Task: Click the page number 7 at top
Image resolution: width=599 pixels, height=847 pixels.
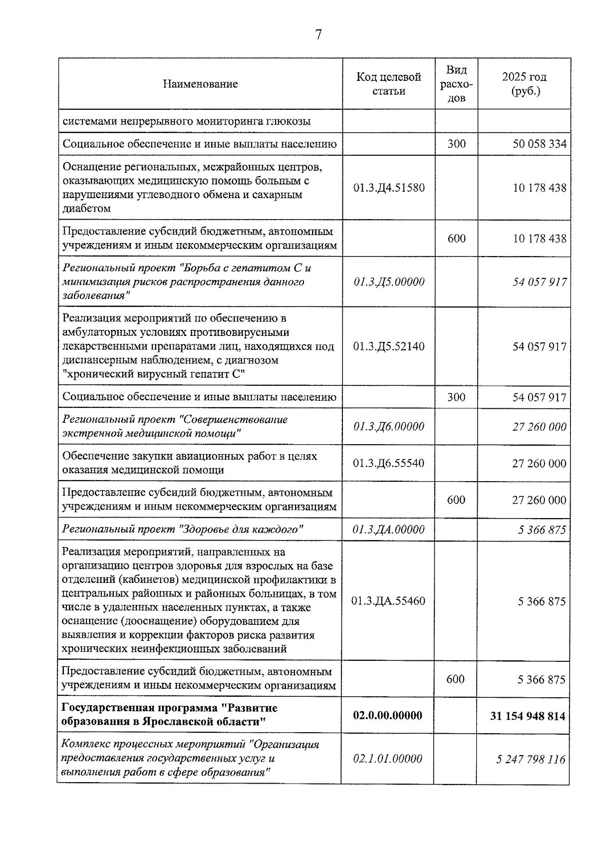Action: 318,34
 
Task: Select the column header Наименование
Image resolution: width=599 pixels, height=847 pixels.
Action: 200,84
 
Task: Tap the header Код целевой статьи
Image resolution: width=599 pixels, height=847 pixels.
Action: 388,84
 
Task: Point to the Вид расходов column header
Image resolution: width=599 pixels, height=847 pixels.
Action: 456,84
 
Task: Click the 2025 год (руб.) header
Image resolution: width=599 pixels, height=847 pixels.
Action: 524,84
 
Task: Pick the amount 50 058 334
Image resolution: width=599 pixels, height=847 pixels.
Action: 539,144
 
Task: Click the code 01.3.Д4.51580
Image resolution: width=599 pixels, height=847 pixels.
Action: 389,188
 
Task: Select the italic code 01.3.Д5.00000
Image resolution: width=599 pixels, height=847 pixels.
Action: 389,282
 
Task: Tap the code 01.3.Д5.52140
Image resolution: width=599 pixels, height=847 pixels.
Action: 389,346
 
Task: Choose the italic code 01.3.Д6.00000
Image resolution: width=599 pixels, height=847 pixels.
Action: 389,427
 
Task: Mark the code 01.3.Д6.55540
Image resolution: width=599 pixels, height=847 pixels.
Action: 389,463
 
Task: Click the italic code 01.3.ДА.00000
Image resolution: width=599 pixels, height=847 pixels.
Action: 389,530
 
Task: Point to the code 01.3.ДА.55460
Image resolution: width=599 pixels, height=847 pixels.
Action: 388,601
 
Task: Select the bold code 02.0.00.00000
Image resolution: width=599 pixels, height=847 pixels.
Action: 387,715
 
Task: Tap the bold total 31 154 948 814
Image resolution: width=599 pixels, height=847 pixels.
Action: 528,716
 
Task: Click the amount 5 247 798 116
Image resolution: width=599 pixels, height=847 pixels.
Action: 531,759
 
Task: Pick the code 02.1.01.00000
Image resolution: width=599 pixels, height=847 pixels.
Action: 387,759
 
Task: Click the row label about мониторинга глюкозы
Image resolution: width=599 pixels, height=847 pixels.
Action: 186,121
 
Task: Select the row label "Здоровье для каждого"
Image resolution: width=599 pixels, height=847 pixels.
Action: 183,529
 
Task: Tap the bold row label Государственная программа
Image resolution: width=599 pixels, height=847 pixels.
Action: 169,715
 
